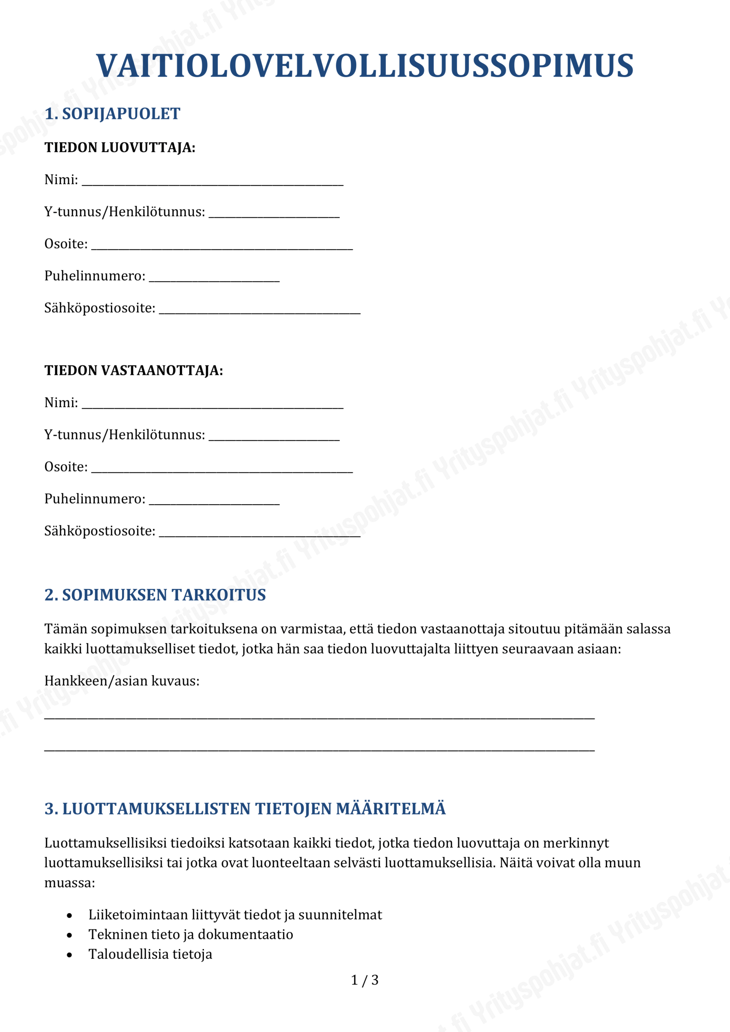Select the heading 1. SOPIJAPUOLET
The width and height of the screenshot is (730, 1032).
112,114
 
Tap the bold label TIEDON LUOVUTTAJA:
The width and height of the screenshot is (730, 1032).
120,148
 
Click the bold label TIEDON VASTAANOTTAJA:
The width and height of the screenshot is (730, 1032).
133,370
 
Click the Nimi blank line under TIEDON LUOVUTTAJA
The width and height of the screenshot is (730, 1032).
212,183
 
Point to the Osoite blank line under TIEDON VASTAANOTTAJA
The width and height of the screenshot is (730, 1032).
222,470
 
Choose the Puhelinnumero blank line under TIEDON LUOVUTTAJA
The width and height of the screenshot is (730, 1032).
214,280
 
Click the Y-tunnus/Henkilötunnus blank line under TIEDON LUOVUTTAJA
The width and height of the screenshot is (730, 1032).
274,216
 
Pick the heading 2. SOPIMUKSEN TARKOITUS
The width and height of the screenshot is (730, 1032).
155,595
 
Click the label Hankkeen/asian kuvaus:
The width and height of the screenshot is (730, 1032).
122,681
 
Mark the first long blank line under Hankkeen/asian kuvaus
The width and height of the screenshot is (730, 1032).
319,718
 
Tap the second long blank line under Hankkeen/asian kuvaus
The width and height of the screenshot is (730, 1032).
319,750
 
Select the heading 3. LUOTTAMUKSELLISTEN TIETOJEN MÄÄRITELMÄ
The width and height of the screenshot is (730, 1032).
245,809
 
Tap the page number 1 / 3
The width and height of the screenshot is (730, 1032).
364,980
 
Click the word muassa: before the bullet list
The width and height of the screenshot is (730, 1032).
70,883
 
